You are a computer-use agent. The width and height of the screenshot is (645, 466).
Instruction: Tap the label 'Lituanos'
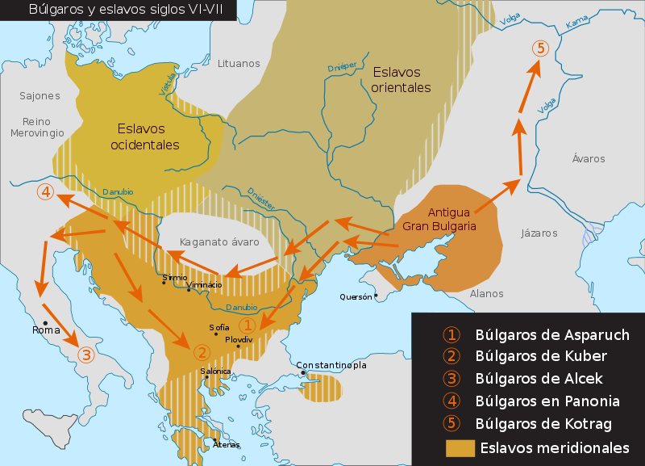(239, 63)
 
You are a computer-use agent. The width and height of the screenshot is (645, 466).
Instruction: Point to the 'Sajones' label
(40, 96)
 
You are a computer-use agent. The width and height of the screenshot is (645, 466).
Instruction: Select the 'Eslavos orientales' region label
(402, 80)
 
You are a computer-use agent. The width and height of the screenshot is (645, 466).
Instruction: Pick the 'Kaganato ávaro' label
(219, 241)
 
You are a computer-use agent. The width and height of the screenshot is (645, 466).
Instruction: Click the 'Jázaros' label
(539, 233)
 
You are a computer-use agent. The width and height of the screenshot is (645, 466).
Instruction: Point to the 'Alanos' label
(486, 294)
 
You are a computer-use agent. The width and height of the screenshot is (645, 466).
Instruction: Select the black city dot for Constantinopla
(302, 372)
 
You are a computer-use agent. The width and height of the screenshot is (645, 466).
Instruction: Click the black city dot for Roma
(45, 323)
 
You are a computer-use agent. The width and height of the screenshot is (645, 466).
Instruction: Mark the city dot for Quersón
(376, 296)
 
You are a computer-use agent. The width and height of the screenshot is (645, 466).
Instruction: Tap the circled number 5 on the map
(540, 48)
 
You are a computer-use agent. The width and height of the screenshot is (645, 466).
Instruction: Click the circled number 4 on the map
(46, 192)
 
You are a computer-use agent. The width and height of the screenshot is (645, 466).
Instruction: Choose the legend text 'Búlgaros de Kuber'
(541, 356)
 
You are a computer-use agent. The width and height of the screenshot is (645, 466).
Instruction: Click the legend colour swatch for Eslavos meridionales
(460, 447)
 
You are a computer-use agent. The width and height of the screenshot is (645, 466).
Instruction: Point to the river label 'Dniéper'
(342, 68)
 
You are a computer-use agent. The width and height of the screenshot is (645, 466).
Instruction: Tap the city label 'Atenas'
(227, 444)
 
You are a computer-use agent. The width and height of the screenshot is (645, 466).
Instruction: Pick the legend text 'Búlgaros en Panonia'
(547, 401)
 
